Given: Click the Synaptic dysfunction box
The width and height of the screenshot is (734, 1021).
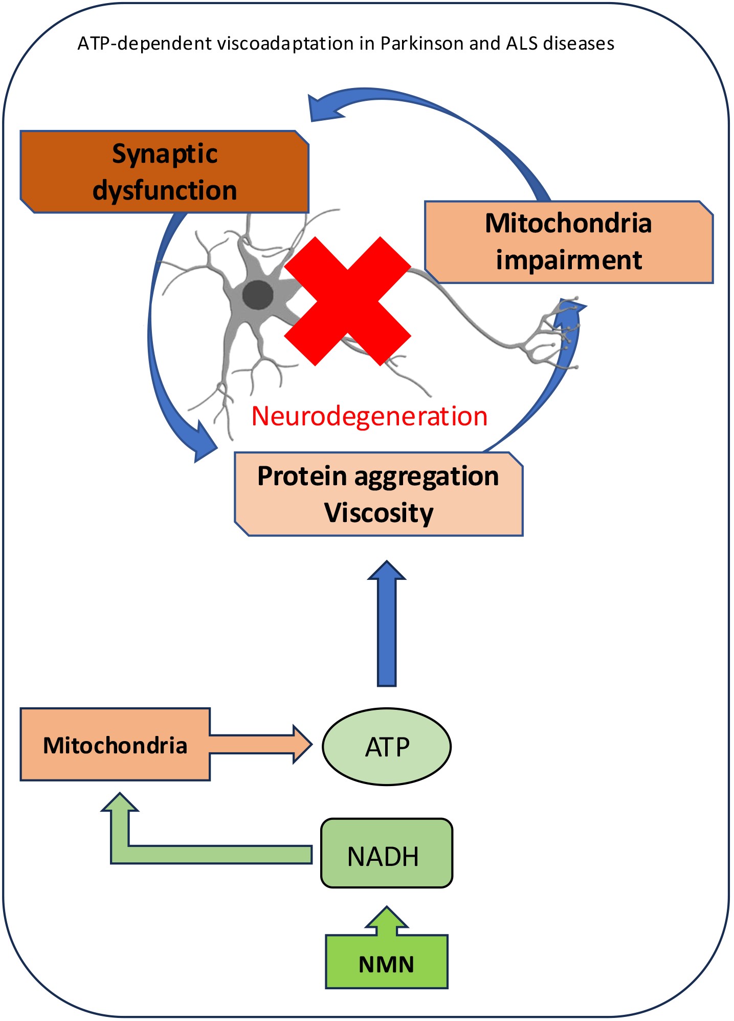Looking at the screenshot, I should (x=164, y=172).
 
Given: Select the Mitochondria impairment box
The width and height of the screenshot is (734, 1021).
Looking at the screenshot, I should (x=568, y=242).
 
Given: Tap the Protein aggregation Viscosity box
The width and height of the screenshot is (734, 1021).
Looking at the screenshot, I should (x=379, y=494).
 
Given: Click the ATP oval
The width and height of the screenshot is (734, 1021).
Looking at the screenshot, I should (x=387, y=747).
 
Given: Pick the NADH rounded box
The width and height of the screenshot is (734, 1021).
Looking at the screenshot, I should (x=387, y=856).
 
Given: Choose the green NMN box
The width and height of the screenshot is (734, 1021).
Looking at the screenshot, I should (x=387, y=964).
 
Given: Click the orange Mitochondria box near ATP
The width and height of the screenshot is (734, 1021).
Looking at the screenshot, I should (x=115, y=745).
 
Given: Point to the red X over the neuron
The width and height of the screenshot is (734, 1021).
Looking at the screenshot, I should (x=348, y=301).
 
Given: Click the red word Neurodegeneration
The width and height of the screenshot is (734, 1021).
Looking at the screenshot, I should (x=369, y=416).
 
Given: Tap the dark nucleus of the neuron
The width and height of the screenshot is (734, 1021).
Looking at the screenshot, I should (x=257, y=295).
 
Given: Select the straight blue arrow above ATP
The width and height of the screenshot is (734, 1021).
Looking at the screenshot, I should (x=387, y=624).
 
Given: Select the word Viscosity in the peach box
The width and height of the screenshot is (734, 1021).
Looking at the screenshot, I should (x=379, y=513).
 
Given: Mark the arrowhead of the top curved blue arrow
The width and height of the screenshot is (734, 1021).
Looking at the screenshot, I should (x=325, y=107).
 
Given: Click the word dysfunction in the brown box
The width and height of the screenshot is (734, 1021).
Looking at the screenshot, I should (x=165, y=190).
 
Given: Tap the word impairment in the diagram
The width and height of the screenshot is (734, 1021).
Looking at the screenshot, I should (x=569, y=260).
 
